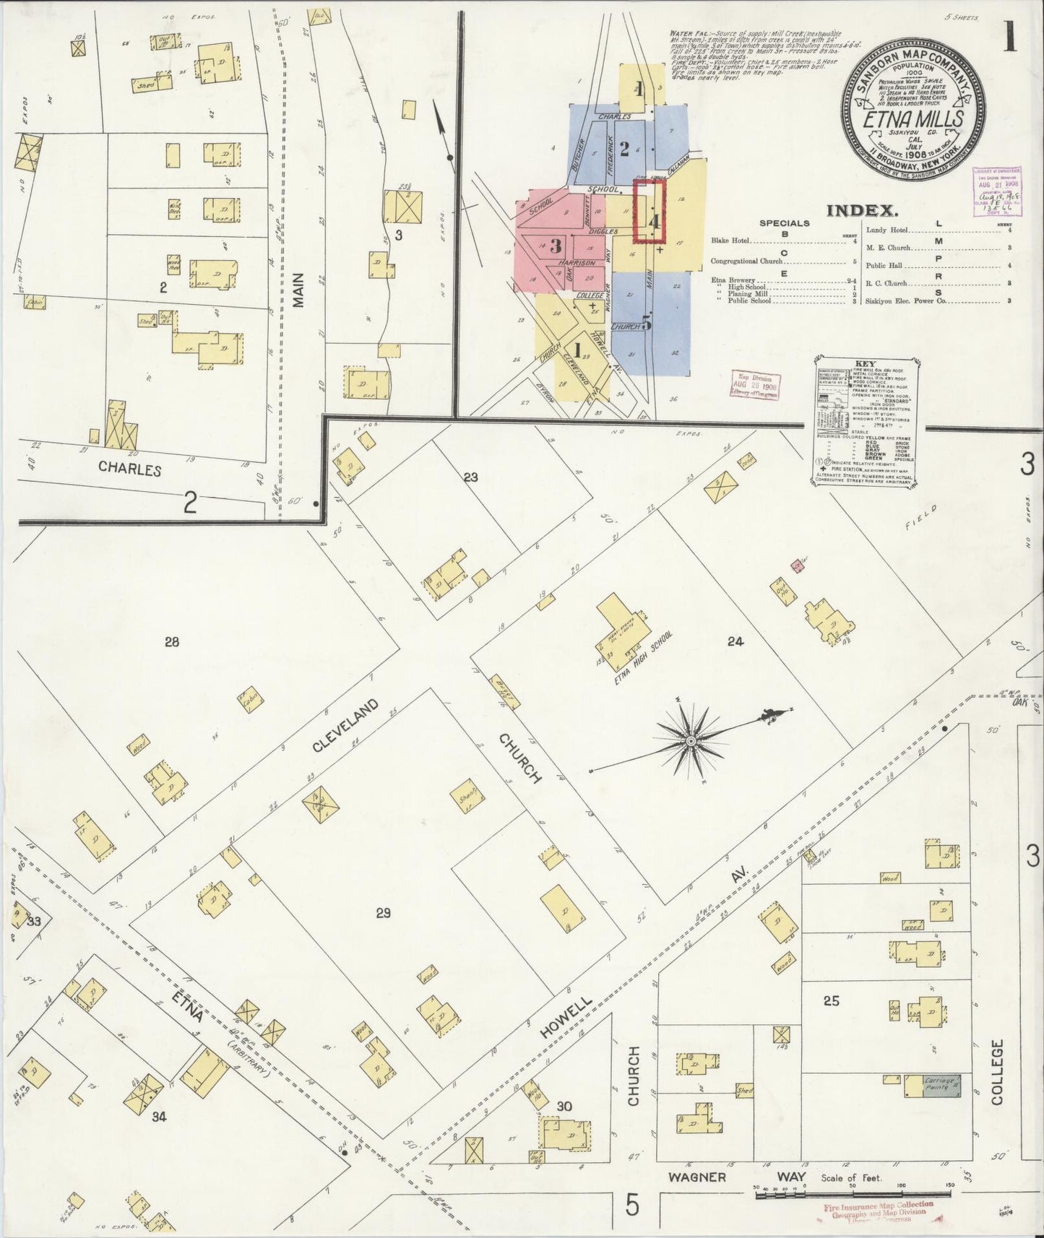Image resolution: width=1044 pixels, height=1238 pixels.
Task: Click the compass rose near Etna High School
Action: click(x=691, y=740)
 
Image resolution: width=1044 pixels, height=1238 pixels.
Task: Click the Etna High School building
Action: click(x=620, y=622)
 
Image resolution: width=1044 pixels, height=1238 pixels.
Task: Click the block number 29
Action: click(x=383, y=913)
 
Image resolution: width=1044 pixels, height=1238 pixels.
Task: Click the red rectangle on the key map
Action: click(x=649, y=211)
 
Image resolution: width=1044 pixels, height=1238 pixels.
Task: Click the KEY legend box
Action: click(x=863, y=423)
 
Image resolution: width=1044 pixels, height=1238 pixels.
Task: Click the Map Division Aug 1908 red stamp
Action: click(x=754, y=386)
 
